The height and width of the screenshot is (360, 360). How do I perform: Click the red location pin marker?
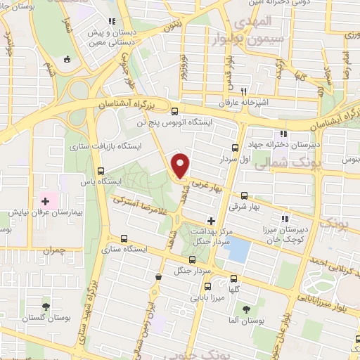pyautogui.click(x=181, y=166)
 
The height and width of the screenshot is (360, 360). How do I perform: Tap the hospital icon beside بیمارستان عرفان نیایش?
pyautogui.click(x=45, y=200)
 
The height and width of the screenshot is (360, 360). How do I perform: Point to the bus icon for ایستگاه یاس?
pyautogui.click(x=102, y=170)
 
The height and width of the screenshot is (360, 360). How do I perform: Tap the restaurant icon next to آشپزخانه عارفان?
pyautogui.click(x=244, y=91)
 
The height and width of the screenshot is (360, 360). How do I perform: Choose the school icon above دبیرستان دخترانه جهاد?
pyautogui.click(x=283, y=134)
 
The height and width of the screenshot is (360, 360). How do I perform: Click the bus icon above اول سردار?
pyautogui.click(x=236, y=148)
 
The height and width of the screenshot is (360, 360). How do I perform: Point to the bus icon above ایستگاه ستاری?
pyautogui.click(x=124, y=238)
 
